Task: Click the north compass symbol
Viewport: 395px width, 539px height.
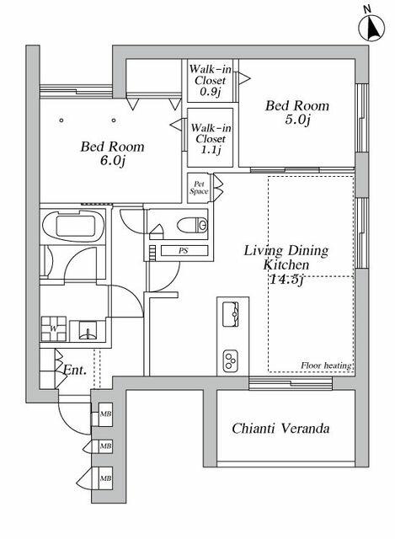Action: (371, 27)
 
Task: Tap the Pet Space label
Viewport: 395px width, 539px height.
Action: (199, 188)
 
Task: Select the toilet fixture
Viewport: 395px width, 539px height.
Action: (193, 226)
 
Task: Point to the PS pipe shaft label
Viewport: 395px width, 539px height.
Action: (184, 251)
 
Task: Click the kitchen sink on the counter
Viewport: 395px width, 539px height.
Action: (231, 314)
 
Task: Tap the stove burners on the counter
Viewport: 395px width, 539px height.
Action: (231, 360)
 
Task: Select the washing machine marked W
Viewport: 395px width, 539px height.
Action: (54, 328)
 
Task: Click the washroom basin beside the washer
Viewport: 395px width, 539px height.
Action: (88, 330)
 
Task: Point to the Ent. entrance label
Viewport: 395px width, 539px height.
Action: (75, 371)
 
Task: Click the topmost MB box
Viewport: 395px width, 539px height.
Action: (105, 414)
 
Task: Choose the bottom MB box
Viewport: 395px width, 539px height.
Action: (105, 478)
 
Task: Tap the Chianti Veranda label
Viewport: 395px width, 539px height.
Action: (280, 429)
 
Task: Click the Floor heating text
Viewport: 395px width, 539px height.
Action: (326, 366)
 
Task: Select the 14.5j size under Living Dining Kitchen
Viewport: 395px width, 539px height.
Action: (286, 280)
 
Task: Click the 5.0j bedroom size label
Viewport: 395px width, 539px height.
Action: (297, 120)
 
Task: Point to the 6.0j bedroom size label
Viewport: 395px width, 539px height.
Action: (112, 161)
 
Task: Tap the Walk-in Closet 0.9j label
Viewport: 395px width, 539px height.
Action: (210, 80)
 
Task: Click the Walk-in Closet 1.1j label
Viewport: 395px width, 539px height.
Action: (211, 138)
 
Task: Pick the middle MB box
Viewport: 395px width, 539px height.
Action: (105, 446)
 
